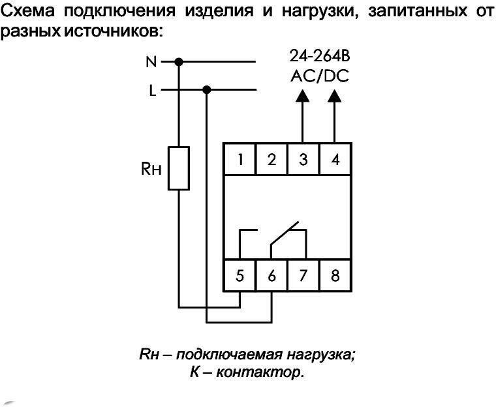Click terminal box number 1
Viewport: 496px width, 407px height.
pos(240,160)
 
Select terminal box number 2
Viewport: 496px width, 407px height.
pos(271,160)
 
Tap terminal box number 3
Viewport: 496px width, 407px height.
pos(303,160)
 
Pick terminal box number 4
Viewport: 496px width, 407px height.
pos(335,160)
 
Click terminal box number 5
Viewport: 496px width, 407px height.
pos(240,276)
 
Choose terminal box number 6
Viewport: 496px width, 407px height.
pos(271,276)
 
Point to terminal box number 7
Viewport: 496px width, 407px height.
pos(303,276)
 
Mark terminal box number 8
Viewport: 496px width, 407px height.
pos(335,276)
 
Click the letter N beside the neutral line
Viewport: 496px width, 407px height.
pos(151,63)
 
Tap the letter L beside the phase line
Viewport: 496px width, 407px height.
pos(153,91)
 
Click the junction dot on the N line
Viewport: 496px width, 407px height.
pos(179,63)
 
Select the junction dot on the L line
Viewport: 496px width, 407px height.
pos(207,90)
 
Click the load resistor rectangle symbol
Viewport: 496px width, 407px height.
pos(179,168)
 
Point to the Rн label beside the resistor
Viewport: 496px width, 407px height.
pos(151,169)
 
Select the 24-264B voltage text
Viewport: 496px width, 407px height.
pos(319,57)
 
